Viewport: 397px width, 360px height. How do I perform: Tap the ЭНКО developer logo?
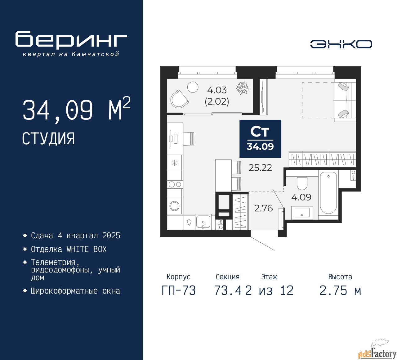coord(341,44)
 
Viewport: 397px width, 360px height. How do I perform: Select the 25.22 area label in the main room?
coord(260,168)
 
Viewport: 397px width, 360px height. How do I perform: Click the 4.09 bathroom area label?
coord(301,197)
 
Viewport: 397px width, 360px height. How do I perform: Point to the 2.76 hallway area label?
coord(263,208)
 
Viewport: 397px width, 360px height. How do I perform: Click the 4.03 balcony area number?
coord(217,90)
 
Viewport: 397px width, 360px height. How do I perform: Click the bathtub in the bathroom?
coord(328,192)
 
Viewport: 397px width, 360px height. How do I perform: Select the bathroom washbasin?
coord(302,213)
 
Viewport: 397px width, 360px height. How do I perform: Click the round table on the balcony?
coord(193,87)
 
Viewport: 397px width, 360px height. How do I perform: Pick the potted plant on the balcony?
coord(243,88)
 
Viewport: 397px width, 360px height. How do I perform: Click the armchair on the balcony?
coord(179,99)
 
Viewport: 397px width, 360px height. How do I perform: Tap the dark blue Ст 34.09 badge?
coord(260,139)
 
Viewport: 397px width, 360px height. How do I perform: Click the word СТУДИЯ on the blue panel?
coord(48,139)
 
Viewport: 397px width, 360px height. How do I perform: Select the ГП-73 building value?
coord(179,290)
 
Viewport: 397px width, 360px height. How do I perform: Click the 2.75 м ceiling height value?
coord(340,290)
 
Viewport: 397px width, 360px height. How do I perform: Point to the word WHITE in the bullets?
coord(78,249)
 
